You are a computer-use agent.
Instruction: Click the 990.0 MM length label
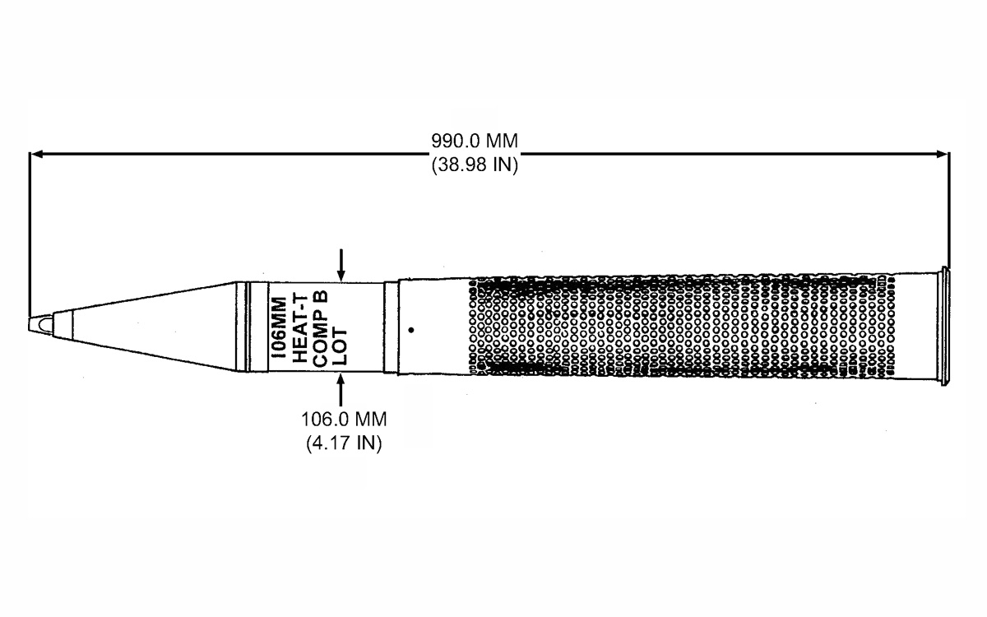(475, 141)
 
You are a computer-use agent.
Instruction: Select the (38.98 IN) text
(475, 165)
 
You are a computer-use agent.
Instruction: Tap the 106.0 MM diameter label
(344, 419)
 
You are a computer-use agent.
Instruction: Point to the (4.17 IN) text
(344, 443)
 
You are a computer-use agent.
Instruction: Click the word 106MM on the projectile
(279, 327)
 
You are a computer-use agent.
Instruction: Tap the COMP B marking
(320, 328)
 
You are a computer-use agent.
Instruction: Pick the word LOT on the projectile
(340, 347)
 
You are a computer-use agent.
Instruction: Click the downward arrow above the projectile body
(341, 265)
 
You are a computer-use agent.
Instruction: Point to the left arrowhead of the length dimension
(37, 154)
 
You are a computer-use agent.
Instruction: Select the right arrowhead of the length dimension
(940, 154)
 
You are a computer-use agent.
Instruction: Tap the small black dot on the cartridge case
(411, 330)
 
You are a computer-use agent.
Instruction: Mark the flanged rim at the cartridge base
(945, 326)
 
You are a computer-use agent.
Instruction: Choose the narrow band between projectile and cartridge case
(391, 327)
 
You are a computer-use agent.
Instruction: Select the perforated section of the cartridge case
(683, 326)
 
